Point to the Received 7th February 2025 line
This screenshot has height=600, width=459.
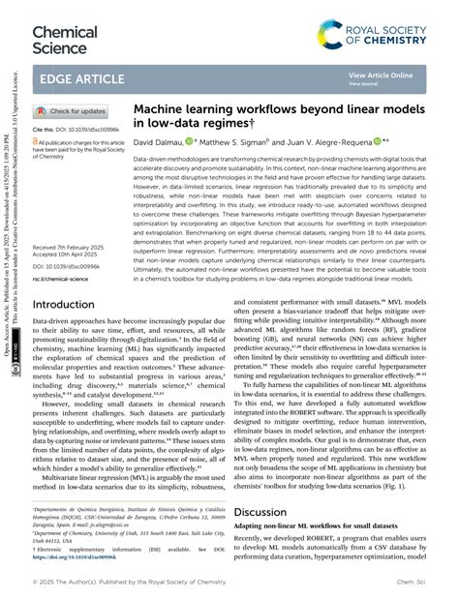pyautogui.click(x=81, y=247)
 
